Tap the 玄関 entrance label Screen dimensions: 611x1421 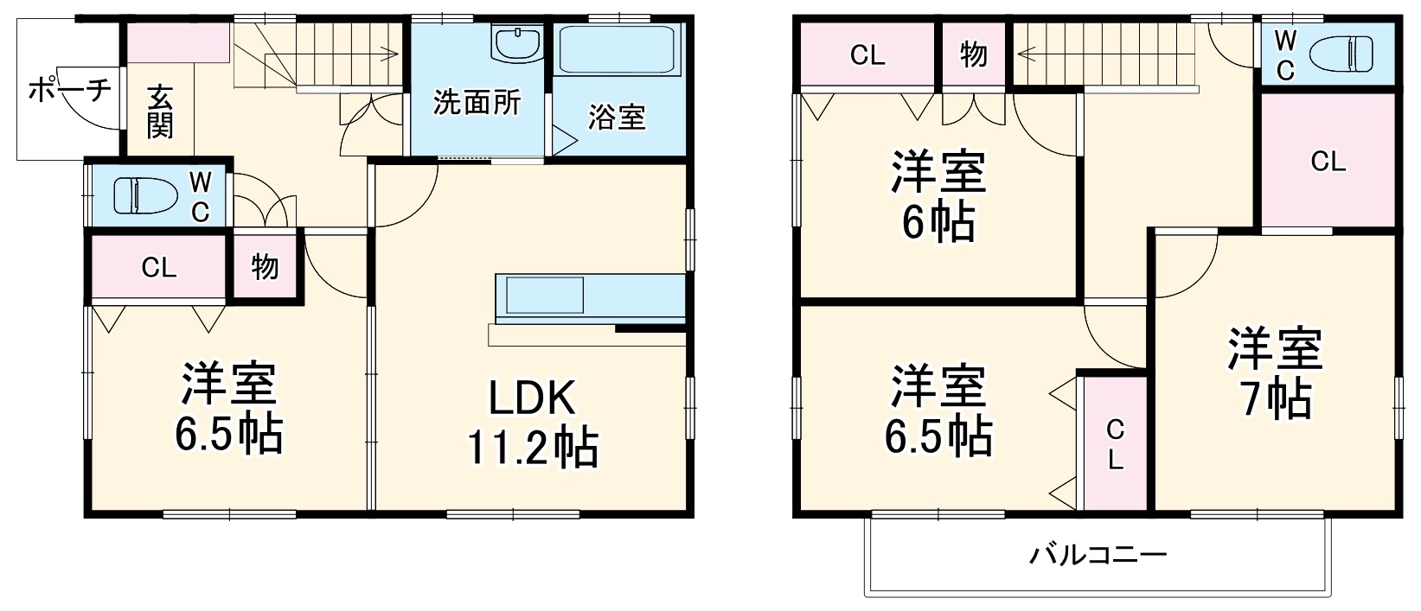160,111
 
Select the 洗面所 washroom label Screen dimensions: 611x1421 477,103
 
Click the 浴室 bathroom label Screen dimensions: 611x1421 617,118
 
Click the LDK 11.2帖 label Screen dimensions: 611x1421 532,423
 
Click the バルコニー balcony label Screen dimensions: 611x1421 1098,553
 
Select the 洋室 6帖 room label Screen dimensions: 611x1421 938,197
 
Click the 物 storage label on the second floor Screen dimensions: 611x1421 974,54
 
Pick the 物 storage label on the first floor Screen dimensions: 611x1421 265,266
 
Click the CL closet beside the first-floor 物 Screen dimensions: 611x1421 159,267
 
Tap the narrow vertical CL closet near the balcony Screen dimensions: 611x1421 1116,443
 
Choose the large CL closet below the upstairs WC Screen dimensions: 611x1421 1328,161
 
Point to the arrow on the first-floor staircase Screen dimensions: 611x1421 394,54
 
